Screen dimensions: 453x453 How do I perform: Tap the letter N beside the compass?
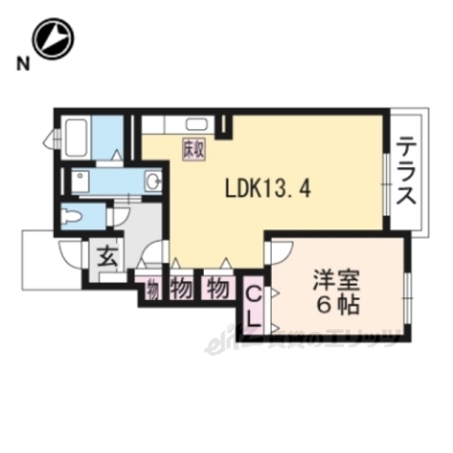pos(21,65)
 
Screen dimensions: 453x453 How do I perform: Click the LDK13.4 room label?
pos(267,187)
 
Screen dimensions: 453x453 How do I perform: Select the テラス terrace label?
pos(408,173)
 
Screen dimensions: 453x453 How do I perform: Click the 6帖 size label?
pos(334,306)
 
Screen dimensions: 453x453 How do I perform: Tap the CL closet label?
pos(253,305)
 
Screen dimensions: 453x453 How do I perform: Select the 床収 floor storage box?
pos(193,149)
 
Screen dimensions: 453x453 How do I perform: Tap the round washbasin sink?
pos(152,180)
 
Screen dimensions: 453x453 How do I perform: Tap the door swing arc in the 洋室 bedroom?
pos(278,253)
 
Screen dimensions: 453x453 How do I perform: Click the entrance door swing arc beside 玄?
pos(71,253)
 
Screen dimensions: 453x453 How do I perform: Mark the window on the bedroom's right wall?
pos(408,293)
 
